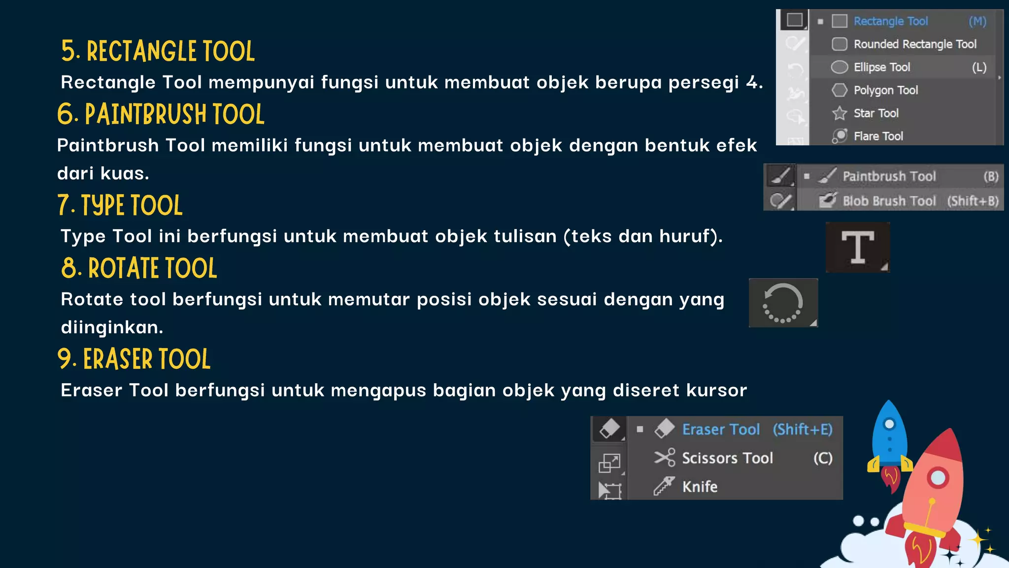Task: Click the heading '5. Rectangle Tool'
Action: point(158,51)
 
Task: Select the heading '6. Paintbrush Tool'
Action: point(161,114)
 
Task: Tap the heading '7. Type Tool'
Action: point(120,206)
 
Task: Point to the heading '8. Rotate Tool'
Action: point(139,269)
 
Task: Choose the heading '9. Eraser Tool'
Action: point(134,359)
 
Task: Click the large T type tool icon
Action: point(858,247)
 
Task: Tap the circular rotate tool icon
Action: point(783,303)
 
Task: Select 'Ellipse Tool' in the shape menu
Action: point(881,67)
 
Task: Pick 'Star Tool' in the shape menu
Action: point(876,113)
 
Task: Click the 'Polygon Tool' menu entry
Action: point(885,90)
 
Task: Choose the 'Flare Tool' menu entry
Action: point(878,136)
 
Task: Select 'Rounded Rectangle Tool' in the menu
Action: point(914,44)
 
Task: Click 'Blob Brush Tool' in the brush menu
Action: point(889,201)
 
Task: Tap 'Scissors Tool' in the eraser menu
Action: point(727,458)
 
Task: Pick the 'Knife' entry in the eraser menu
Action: point(700,487)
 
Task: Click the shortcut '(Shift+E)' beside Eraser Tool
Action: point(803,429)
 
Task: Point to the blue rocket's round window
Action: point(889,424)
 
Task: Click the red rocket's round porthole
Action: point(938,477)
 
